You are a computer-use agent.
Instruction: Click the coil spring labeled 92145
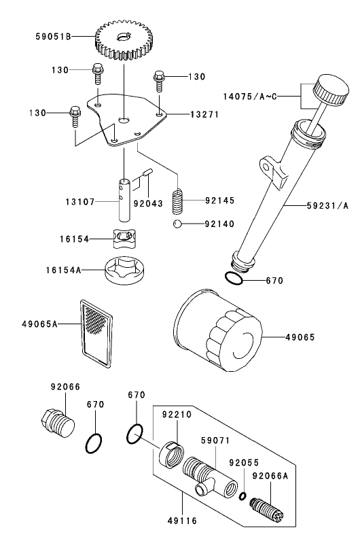[178, 201]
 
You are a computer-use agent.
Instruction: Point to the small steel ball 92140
[178, 224]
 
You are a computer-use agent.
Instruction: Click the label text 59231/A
[327, 205]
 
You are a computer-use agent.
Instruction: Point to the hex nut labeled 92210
[170, 453]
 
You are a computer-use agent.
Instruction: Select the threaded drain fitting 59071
[202, 473]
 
